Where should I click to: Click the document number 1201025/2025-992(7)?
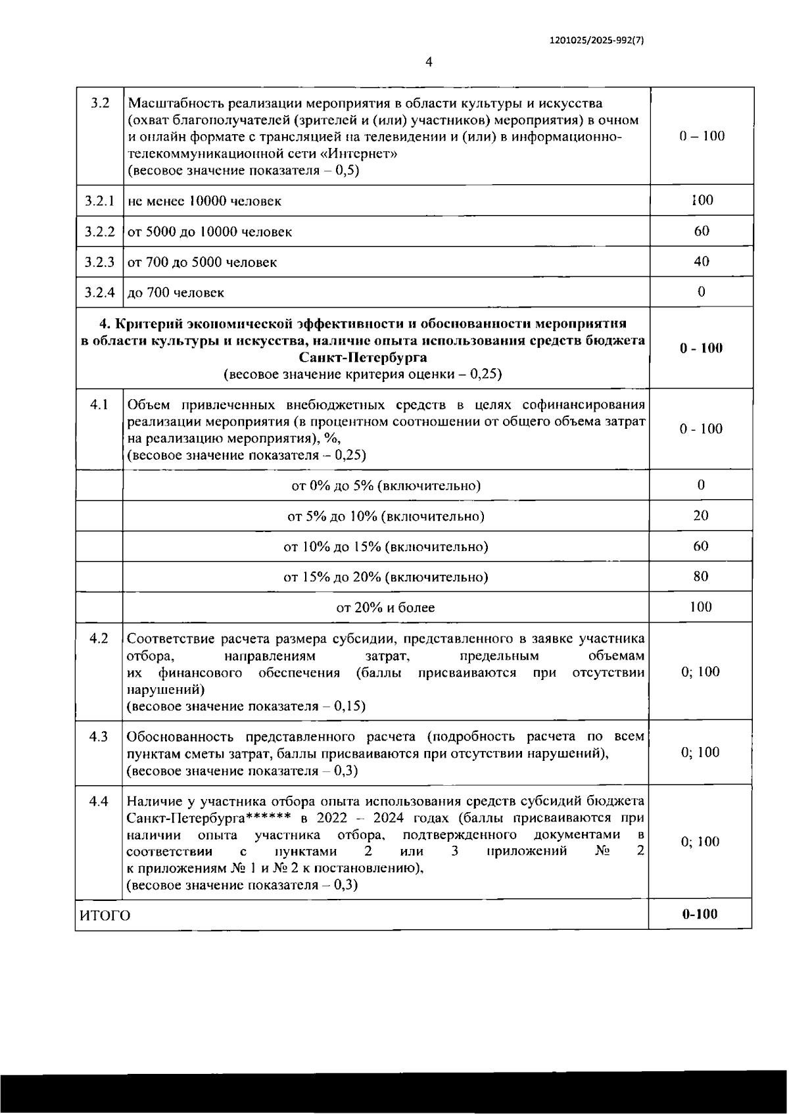pyautogui.click(x=596, y=39)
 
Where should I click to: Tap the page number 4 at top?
pyautogui.click(x=429, y=62)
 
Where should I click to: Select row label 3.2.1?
pyautogui.click(x=99, y=201)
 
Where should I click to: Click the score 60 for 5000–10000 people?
pyautogui.click(x=701, y=231)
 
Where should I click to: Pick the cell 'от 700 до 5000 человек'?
pyautogui.click(x=202, y=262)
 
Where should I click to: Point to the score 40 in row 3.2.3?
pyautogui.click(x=701, y=261)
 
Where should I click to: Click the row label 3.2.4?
pyautogui.click(x=99, y=292)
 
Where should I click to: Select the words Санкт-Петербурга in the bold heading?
pyautogui.click(x=362, y=358)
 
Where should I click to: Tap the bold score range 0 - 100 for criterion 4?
pyautogui.click(x=701, y=348)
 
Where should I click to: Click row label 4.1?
pyautogui.click(x=99, y=404)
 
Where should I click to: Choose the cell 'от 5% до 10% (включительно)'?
pyautogui.click(x=385, y=516)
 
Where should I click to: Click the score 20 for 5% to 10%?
pyautogui.click(x=701, y=516)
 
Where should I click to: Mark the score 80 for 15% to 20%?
pyautogui.click(x=701, y=577)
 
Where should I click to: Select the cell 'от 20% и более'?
pyautogui.click(x=385, y=608)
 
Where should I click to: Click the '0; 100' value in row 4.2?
pyautogui.click(x=701, y=671)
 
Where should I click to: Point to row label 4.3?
pyautogui.click(x=99, y=737)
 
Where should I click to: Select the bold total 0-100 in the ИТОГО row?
pyautogui.click(x=700, y=914)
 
